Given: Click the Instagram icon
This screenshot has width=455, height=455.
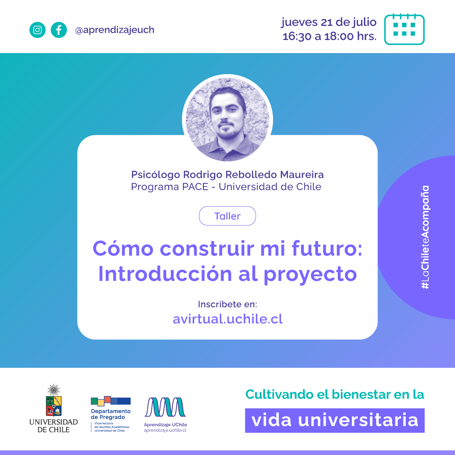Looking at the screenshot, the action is pos(37,30).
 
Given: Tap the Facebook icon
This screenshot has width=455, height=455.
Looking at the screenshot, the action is pos(59,30).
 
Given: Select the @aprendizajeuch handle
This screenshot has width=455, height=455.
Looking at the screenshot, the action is pos(115,30).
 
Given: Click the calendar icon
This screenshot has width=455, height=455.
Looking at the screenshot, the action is pos(404,29).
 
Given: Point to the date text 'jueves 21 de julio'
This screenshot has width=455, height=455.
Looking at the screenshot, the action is pos(329,22).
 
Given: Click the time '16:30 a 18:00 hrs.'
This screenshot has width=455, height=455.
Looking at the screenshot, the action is pos(329,36).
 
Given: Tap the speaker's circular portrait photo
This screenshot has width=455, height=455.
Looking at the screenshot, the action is pos(227,119).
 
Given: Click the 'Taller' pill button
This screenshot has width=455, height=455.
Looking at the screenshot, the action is pos(227,216).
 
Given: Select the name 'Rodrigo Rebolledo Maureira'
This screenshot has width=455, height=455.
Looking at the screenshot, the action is pos(253,175).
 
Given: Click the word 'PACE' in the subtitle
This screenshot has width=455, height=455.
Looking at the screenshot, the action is pos(195,187).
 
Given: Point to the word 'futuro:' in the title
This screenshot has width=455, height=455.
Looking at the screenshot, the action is pos(327,249).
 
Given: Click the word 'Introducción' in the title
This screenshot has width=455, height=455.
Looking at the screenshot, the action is pos(165,274).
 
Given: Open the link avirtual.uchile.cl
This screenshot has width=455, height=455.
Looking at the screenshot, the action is pos(227,319).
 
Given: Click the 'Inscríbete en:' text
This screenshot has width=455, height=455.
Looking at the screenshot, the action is pos(227,304).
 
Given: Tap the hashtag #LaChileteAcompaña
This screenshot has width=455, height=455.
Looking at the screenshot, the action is pos(425,237).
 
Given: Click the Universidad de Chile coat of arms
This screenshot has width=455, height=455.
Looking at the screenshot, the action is pos(54,400).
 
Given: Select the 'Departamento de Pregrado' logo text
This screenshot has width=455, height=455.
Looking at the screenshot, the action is pos(110,414).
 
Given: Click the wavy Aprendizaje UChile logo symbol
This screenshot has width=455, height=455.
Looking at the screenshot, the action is pos(165,407).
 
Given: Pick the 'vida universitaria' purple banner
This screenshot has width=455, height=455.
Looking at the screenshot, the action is pos(335,420).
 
